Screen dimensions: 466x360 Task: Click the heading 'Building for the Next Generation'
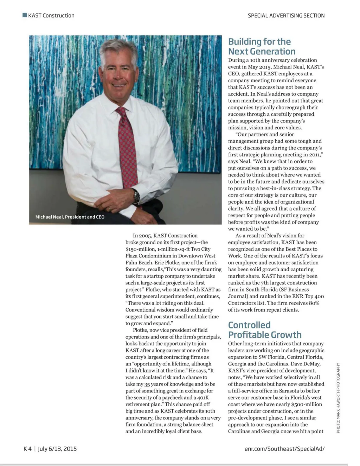(x=262, y=46)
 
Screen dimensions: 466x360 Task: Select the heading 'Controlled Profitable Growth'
(x=264, y=330)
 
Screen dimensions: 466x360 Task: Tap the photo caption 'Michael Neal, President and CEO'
(x=70, y=217)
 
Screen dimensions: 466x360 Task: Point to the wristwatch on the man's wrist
(x=136, y=195)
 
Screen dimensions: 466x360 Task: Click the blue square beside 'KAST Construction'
(x=24, y=15)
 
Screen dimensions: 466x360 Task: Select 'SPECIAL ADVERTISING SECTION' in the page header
(x=286, y=15)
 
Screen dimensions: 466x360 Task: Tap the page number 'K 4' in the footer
(x=27, y=448)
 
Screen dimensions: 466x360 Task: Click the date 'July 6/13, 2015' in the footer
(x=57, y=448)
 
